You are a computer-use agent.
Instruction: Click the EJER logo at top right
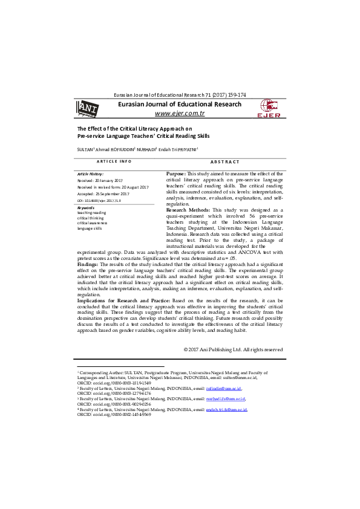[269, 108]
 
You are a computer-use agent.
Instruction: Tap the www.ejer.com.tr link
[180, 113]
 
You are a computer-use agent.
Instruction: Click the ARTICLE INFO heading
[114, 161]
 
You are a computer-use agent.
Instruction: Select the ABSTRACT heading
[224, 162]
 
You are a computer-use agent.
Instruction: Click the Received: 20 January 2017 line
[100, 181]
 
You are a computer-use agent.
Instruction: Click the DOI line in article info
[99, 200]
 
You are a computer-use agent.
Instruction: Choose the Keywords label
[86, 207]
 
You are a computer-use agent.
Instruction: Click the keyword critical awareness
[92, 223]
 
